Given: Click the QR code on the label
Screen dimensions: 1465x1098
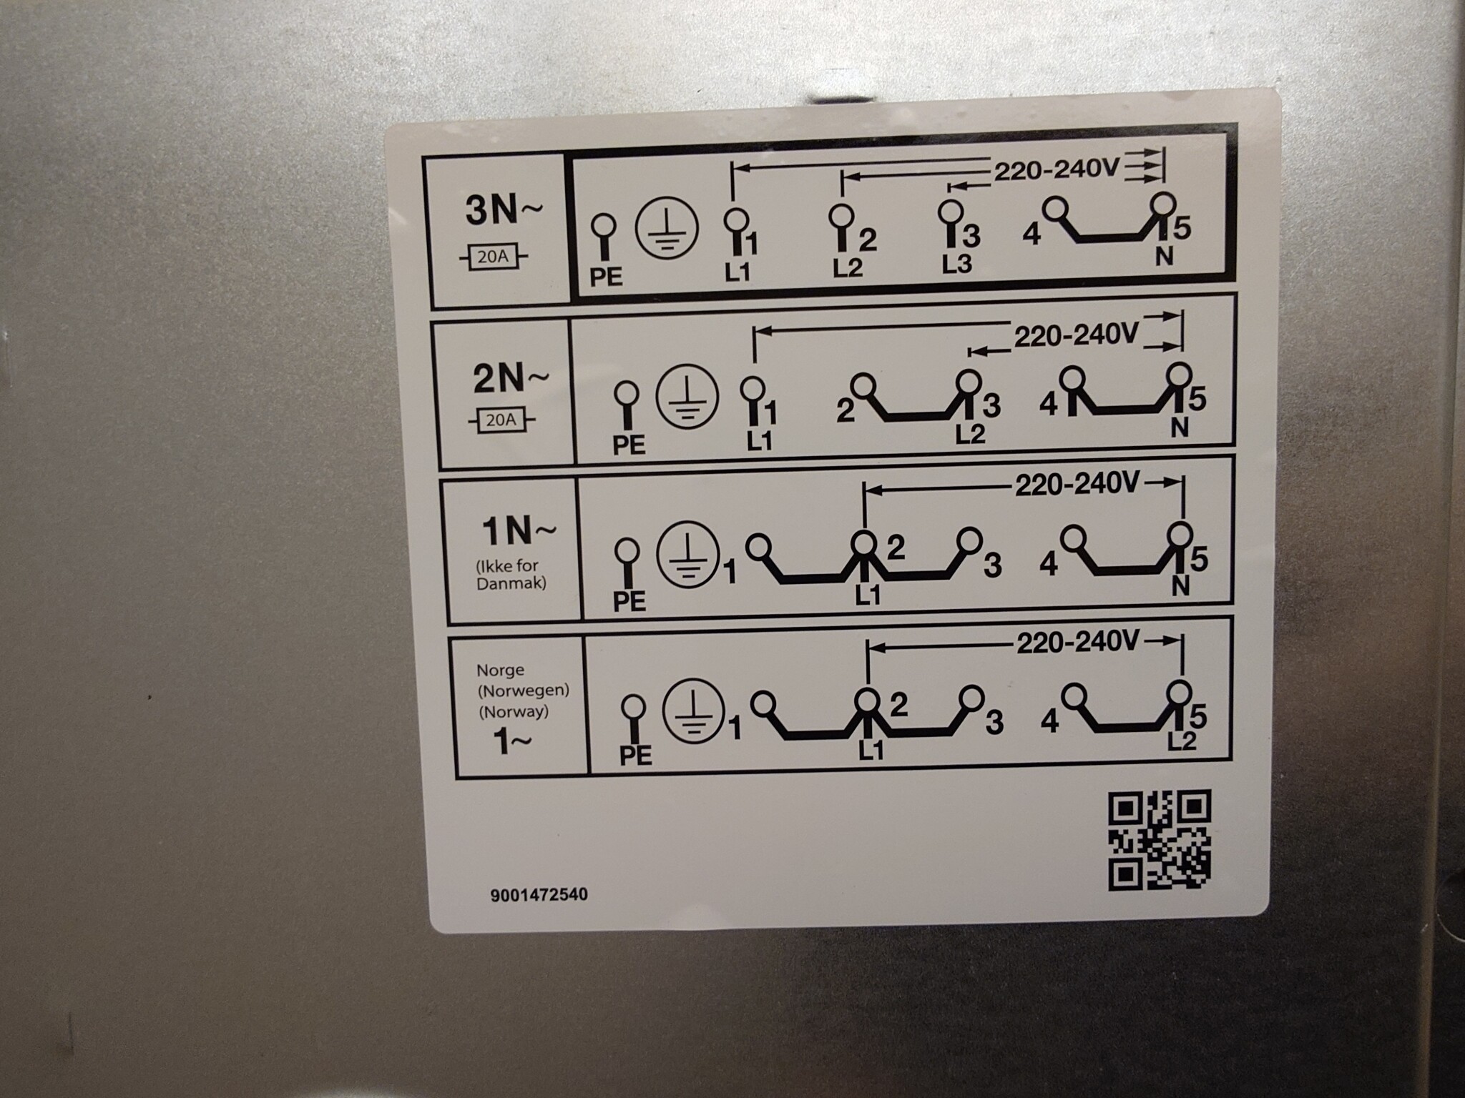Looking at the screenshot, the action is coord(1160,840).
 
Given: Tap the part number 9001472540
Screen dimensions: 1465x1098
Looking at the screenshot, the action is coord(540,894).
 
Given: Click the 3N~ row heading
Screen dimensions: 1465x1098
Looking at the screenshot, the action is coord(504,211).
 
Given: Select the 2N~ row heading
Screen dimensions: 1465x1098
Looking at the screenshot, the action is coord(511,379).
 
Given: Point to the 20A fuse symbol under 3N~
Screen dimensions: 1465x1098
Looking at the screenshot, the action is coord(493,257).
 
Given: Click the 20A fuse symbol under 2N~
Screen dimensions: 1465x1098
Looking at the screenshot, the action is coord(501,420).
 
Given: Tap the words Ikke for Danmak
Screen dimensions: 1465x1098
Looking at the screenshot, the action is coord(511,575).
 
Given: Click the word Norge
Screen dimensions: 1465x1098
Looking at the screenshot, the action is coord(500,671).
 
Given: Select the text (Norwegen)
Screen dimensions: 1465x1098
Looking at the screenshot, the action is coord(524,691).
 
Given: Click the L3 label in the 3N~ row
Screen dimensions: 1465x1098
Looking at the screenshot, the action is coord(956,264).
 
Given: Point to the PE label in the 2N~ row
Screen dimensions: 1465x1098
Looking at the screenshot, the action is coord(629,445).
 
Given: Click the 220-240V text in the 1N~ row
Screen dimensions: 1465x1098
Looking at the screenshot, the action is coord(1077,485).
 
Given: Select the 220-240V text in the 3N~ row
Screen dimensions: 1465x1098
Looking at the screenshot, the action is coord(1056,170).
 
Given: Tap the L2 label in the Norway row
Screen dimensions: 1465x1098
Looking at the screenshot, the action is coord(1182,741).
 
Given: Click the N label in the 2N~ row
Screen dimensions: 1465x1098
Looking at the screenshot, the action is coord(1180,427).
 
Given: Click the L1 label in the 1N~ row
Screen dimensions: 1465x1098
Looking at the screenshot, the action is coord(868,595).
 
